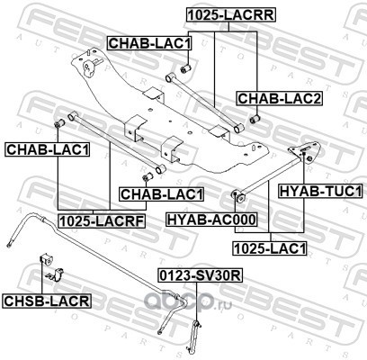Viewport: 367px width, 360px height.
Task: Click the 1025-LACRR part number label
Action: [231, 15]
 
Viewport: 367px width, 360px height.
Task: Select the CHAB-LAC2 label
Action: [280, 98]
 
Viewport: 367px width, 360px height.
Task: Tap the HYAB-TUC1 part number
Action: [321, 191]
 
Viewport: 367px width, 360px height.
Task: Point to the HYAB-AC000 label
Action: [211, 220]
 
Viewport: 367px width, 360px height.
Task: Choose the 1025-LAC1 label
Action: [270, 248]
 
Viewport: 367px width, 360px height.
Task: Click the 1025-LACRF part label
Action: [102, 221]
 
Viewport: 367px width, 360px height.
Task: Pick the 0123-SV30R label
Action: [201, 275]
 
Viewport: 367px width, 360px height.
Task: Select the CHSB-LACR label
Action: [47, 301]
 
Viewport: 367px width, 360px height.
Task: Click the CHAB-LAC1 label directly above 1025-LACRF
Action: [162, 194]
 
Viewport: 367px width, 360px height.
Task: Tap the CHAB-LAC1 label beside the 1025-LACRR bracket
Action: [149, 43]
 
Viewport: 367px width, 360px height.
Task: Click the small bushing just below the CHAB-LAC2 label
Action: [255, 119]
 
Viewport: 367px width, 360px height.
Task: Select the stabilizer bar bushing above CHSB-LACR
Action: [46, 259]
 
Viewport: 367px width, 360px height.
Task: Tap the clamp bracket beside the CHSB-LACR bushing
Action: [55, 274]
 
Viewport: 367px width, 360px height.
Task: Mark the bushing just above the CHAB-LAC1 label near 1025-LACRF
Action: [148, 176]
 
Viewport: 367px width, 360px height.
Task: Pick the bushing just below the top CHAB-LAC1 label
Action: [186, 68]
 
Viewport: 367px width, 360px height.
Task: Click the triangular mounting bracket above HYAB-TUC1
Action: [304, 151]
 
